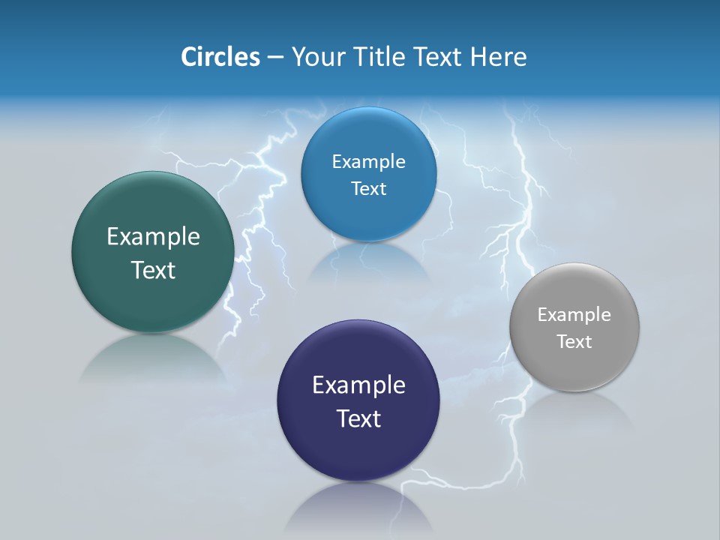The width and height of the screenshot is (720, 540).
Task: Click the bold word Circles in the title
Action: point(220,56)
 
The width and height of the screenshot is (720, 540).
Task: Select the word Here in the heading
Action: point(499,56)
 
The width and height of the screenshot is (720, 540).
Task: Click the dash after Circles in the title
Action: point(275,57)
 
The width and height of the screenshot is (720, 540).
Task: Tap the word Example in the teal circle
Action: point(153,237)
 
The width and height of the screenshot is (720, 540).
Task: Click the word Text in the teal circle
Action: point(153,270)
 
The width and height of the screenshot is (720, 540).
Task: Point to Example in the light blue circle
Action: point(368,162)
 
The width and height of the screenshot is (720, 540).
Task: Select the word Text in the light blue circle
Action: point(368,189)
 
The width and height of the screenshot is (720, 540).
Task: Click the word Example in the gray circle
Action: point(574,315)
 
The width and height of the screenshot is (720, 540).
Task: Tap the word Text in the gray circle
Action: point(574,342)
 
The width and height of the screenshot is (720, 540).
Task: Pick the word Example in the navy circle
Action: point(358,385)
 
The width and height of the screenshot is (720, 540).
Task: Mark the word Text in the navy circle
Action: point(358,418)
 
